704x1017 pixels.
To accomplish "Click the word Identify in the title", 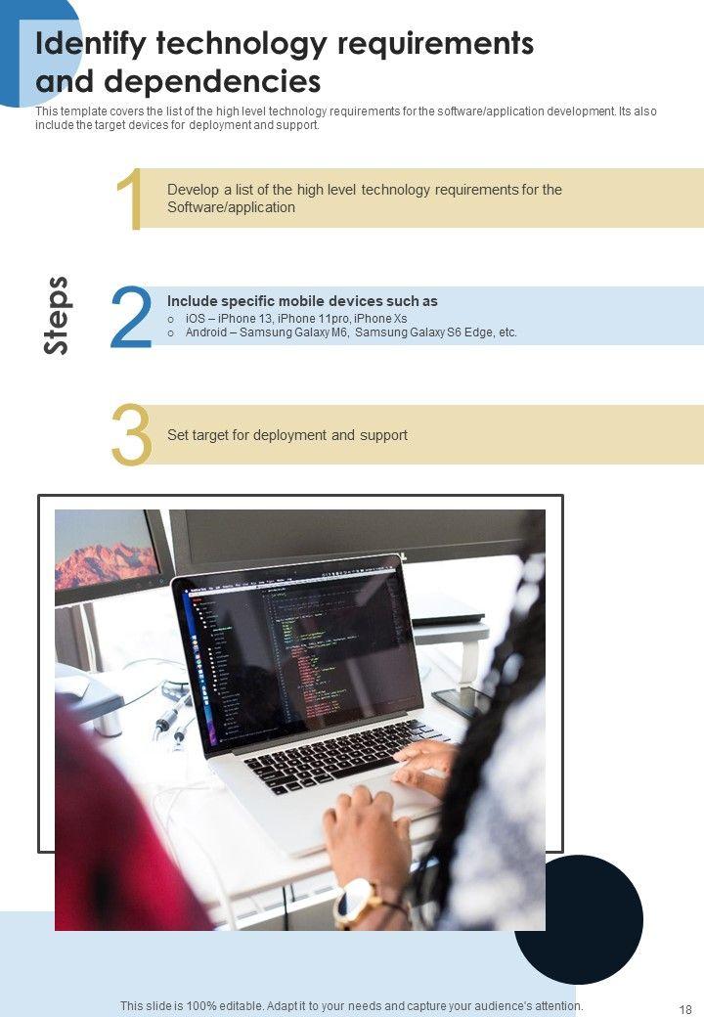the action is (x=91, y=45).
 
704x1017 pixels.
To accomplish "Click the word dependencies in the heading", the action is (x=212, y=82).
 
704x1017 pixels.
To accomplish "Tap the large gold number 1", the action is (x=130, y=199).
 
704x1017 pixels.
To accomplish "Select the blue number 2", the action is (x=132, y=317).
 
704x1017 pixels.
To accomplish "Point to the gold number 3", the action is (x=132, y=434).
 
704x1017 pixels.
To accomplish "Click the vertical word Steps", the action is (x=57, y=316).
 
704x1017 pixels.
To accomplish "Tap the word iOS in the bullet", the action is (x=196, y=319).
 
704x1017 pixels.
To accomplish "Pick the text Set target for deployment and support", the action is (x=287, y=435).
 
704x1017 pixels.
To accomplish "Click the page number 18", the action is (x=685, y=1009).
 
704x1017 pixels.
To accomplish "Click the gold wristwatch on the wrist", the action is (x=356, y=903).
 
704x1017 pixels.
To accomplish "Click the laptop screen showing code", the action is (x=298, y=655).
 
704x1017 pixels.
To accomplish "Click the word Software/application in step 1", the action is (x=231, y=207).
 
